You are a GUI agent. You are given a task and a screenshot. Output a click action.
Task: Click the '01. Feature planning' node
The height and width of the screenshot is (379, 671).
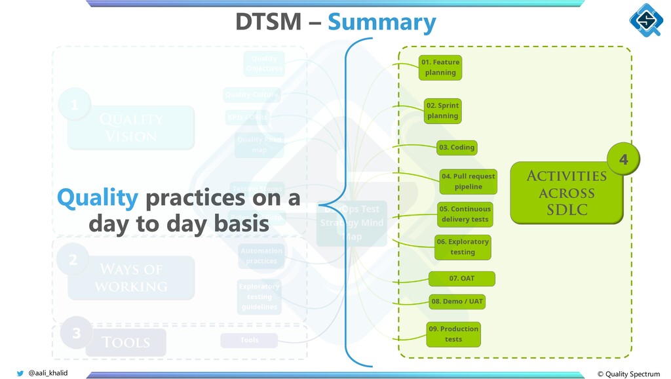pyautogui.click(x=440, y=68)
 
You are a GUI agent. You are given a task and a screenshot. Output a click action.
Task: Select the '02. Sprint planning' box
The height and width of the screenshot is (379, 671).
pyautogui.click(x=443, y=111)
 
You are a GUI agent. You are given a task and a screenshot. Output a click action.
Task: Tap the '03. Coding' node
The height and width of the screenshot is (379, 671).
pyautogui.click(x=457, y=148)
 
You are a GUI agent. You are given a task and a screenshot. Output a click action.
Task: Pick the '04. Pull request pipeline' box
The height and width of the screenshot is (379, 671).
pyautogui.click(x=468, y=182)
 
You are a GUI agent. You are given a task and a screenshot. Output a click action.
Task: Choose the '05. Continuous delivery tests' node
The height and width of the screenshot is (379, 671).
pyautogui.click(x=465, y=214)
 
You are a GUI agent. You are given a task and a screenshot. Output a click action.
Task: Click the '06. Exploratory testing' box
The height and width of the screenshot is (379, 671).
pyautogui.click(x=463, y=247)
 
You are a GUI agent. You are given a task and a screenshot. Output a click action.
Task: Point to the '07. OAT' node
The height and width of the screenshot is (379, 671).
pyautogui.click(x=461, y=279)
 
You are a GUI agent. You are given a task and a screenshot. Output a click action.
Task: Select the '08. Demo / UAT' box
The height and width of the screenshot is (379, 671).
pyautogui.click(x=457, y=302)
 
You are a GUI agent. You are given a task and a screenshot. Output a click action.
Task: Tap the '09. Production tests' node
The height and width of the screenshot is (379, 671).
pyautogui.click(x=453, y=334)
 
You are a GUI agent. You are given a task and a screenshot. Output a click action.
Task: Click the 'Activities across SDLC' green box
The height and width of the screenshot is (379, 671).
pyautogui.click(x=566, y=193)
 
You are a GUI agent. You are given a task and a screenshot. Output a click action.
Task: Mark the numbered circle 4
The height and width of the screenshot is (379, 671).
pyautogui.click(x=623, y=159)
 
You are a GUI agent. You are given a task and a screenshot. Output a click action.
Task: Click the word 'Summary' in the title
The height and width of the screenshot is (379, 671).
pyautogui.click(x=381, y=23)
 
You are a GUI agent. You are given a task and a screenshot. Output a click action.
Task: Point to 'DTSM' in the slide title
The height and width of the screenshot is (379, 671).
pyautogui.click(x=268, y=23)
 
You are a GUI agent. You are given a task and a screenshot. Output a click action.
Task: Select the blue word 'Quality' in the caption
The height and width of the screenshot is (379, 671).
pyautogui.click(x=98, y=197)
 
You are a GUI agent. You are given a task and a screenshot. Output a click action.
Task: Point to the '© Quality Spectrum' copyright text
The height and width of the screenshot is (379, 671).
pyautogui.click(x=628, y=374)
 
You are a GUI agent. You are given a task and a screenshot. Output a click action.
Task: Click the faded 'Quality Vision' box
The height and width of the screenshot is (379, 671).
pyautogui.click(x=130, y=127)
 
